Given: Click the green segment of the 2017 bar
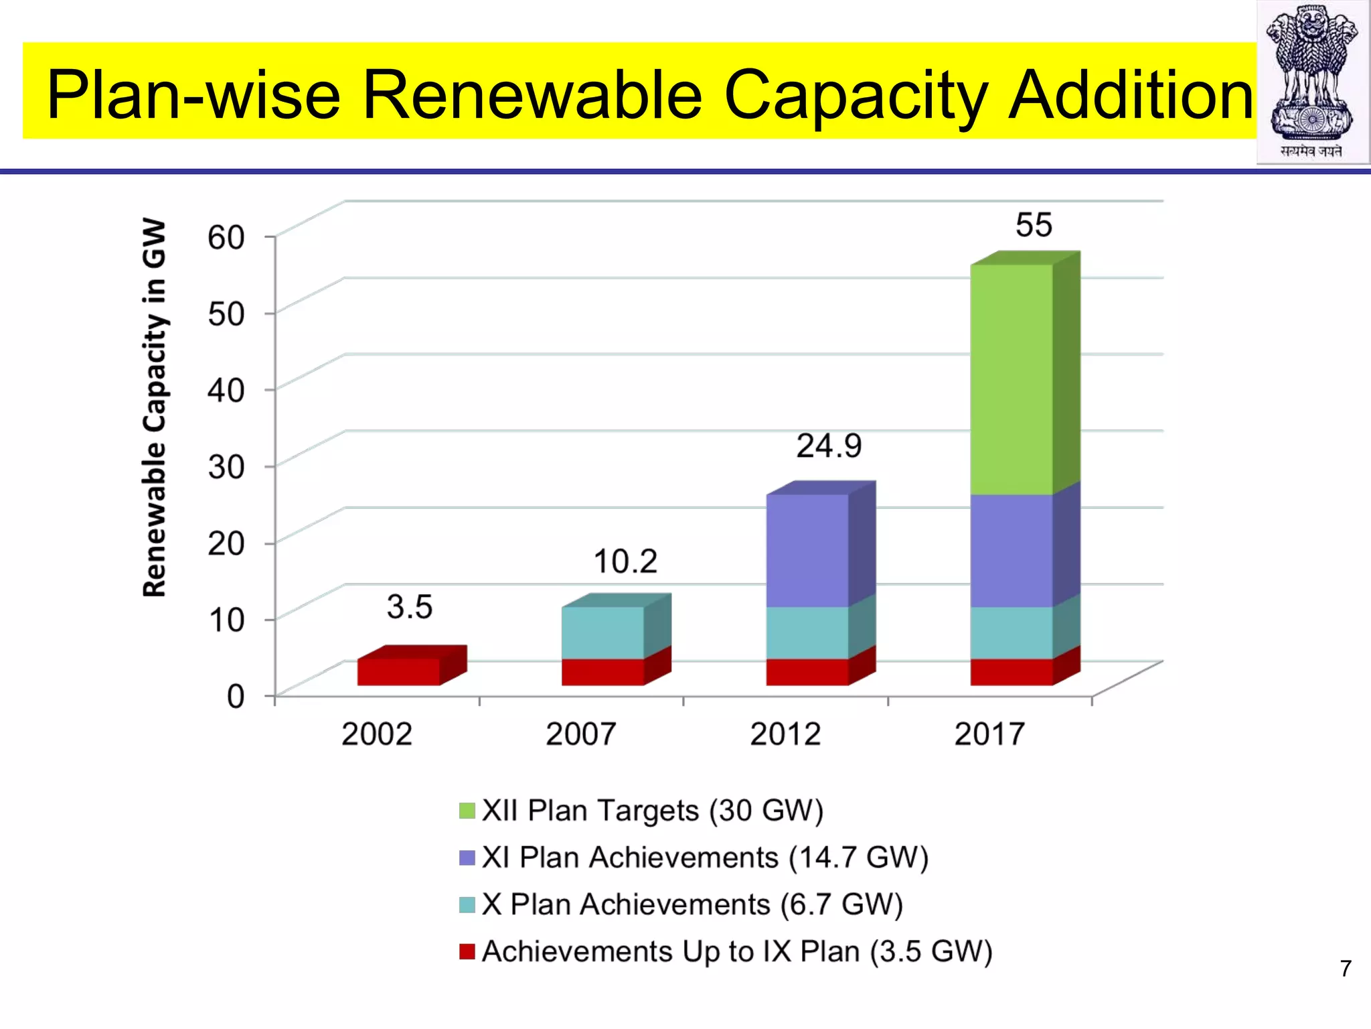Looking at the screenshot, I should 1011,379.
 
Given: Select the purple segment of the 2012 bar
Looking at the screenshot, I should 807,551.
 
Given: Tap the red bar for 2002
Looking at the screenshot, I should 398,671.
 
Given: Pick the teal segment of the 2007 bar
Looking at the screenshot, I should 602,632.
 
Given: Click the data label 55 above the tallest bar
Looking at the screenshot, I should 1034,224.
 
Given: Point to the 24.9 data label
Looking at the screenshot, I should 829,445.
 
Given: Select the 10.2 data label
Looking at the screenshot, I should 625,561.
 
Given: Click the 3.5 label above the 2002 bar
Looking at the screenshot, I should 410,607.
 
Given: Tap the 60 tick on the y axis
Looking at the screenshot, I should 226,236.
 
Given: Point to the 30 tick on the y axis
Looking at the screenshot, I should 226,466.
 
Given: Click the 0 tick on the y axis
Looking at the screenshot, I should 236,696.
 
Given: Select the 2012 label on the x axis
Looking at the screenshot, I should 785,734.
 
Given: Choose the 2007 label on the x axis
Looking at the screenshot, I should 581,734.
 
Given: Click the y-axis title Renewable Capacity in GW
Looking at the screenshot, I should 155,407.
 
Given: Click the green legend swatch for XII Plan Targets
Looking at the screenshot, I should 467,811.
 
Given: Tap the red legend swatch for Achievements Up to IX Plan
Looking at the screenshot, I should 467,951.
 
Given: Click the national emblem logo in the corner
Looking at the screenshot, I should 1312,80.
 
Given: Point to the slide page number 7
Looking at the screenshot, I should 1346,969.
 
